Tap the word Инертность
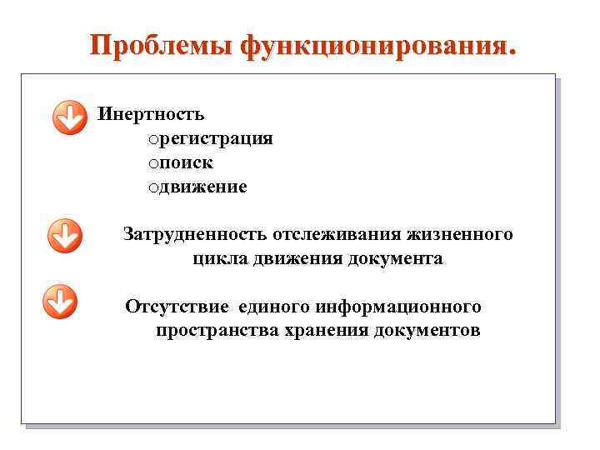click(x=151, y=114)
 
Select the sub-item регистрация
click(x=214, y=138)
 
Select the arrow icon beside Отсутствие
click(x=59, y=302)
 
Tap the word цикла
click(x=218, y=259)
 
